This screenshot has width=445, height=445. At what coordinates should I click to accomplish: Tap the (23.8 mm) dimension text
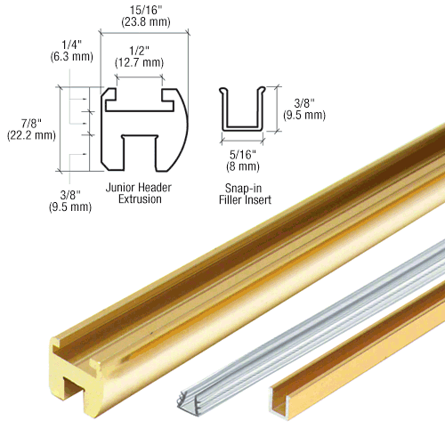coord(144,26)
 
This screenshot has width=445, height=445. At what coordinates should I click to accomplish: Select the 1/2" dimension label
coord(138,50)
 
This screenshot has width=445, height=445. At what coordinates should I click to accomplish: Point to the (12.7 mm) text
coord(138,62)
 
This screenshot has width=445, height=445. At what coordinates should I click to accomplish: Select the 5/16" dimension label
coord(241,154)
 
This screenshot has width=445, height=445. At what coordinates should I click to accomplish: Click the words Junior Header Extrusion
coord(138,193)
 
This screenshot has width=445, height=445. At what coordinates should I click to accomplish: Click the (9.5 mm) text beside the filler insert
coord(304,115)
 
